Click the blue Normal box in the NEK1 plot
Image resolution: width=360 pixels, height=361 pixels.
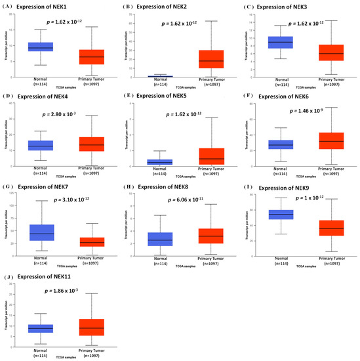(x=41, y=47)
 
